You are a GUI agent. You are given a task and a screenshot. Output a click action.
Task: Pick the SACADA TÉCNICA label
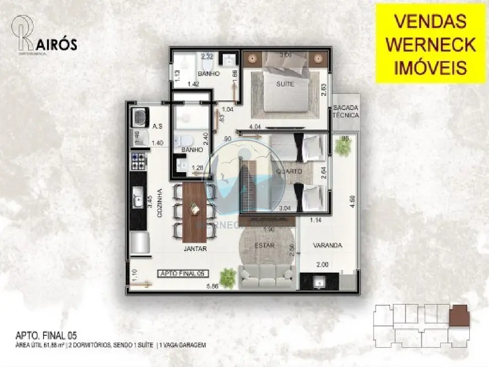(345, 111)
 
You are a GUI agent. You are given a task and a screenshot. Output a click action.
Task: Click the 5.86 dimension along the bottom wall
(213, 286)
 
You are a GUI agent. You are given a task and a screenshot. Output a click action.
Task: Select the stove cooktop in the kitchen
(139, 161)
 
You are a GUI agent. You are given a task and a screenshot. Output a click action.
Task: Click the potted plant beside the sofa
(228, 277)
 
